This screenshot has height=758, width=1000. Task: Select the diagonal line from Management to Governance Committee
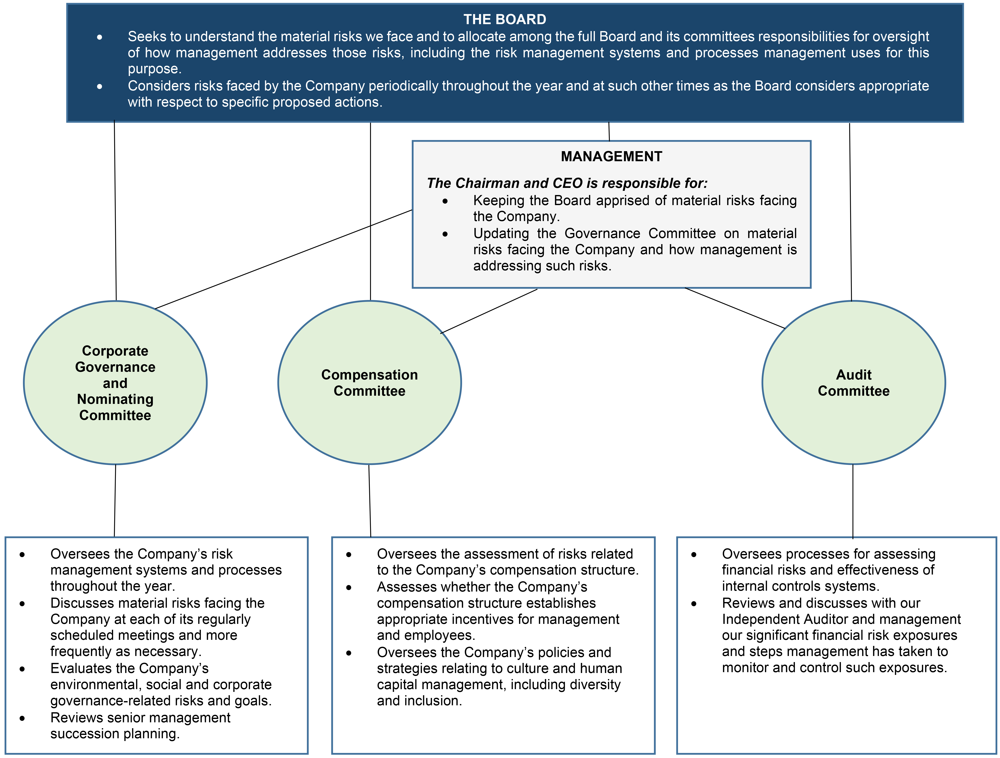[283, 259]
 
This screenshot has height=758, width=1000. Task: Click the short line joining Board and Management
[609, 132]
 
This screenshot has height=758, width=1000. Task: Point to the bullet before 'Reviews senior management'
[22, 718]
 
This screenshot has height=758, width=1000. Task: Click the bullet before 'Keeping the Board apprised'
[445, 201]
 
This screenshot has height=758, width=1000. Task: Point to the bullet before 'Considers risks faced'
[99, 86]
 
